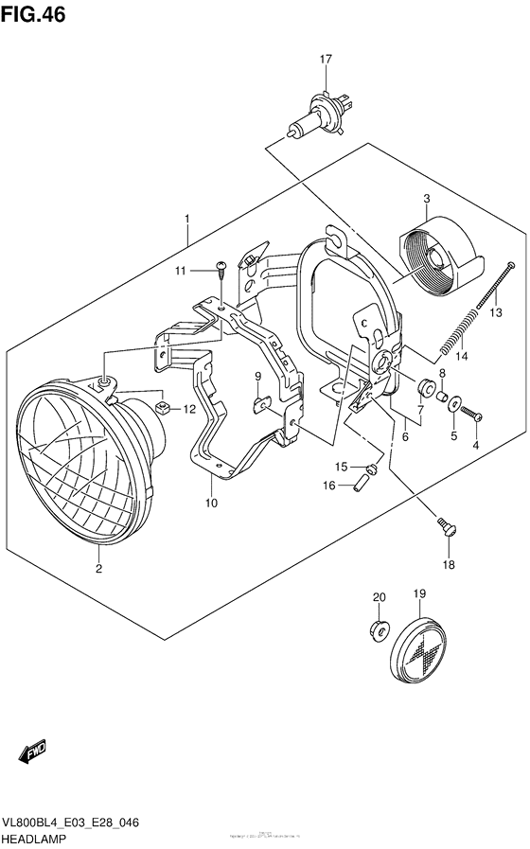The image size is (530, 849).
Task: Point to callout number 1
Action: (x=187, y=220)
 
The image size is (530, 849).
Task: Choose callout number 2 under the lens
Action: (x=97, y=569)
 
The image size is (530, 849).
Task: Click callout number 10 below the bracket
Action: (x=210, y=503)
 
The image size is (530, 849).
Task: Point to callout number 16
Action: (x=330, y=486)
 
